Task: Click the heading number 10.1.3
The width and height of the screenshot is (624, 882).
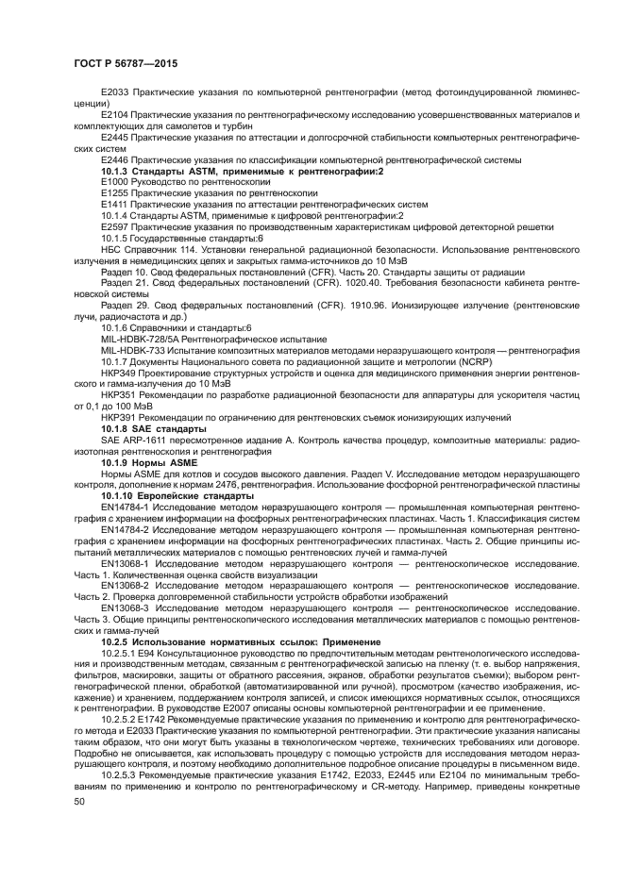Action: point(116,171)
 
